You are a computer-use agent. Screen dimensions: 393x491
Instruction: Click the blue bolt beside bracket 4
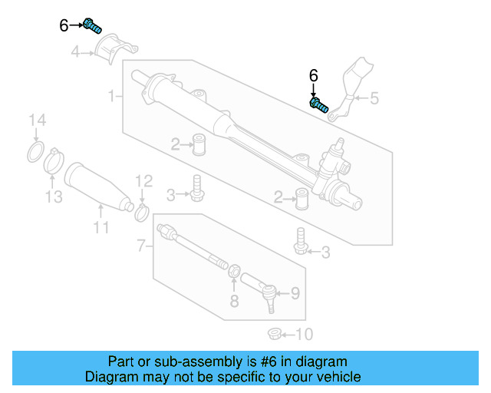tap(92, 26)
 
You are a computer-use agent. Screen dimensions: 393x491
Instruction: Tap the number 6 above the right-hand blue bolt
tap(313, 76)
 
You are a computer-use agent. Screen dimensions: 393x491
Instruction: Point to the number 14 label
tap(37, 120)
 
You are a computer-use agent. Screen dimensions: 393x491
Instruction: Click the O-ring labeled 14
tap(35, 151)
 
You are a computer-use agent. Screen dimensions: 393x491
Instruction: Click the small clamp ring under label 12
tap(142, 210)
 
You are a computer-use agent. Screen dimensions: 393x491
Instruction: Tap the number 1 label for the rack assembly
tap(111, 97)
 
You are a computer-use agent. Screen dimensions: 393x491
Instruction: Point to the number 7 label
tap(140, 246)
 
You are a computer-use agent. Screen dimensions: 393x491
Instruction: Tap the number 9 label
tap(295, 293)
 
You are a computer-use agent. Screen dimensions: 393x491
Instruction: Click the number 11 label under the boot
tap(101, 227)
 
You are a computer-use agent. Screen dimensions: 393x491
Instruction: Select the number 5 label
tap(374, 98)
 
